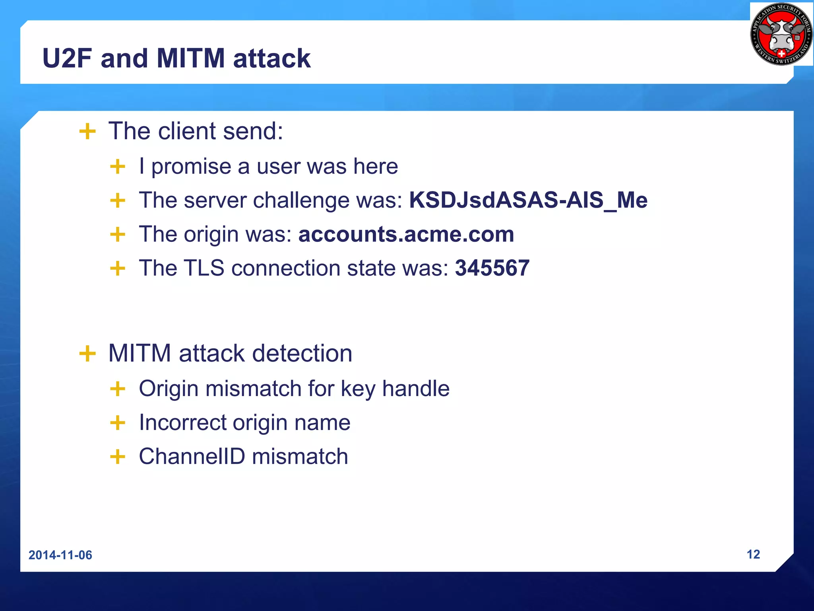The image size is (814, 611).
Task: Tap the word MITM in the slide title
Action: point(191,59)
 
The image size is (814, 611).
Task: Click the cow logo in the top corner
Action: point(781,34)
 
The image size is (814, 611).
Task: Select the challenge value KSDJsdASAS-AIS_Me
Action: point(528,200)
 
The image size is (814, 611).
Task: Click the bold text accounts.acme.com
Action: point(406,234)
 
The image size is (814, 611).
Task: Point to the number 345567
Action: point(492,268)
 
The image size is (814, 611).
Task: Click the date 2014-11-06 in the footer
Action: point(60,555)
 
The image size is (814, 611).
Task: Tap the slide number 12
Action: point(753,554)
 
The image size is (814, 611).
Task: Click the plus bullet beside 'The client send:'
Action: point(87,131)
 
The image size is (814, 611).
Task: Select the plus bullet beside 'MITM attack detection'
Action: point(87,353)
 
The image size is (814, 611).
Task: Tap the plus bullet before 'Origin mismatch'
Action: point(118,389)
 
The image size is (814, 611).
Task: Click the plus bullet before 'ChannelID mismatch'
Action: point(118,457)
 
